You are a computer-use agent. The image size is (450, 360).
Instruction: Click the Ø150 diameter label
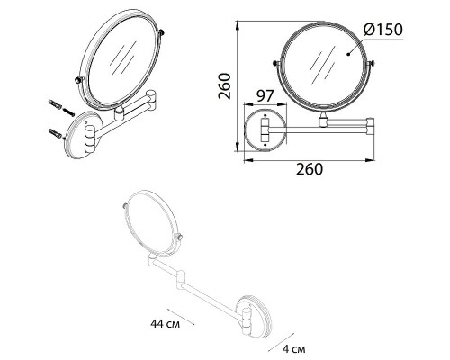[382, 30]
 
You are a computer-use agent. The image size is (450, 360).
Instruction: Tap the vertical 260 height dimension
[224, 86]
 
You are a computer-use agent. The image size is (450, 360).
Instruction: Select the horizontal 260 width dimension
[310, 169]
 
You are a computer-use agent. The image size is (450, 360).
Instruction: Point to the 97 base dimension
[265, 96]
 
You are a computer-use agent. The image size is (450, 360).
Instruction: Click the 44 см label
[166, 324]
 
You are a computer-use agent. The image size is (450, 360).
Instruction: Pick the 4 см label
[294, 349]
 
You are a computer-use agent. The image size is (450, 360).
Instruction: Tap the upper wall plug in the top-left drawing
[55, 104]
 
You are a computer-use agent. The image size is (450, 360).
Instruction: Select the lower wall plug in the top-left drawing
[55, 133]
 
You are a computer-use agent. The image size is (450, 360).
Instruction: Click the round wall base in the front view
[265, 130]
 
